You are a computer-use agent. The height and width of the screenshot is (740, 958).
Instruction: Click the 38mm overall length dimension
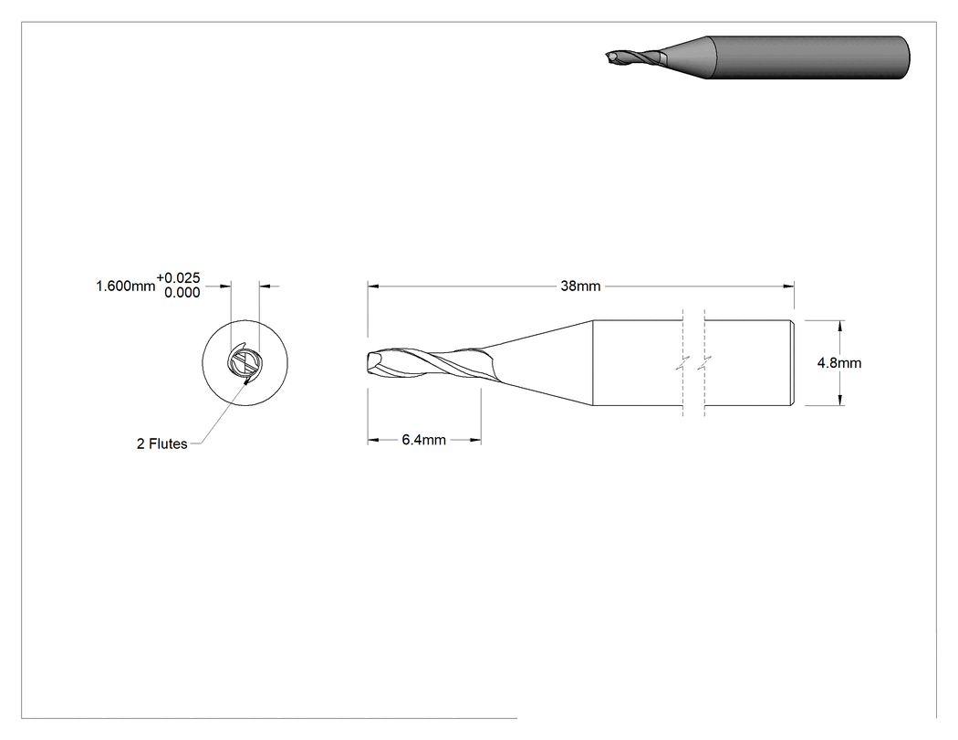point(580,286)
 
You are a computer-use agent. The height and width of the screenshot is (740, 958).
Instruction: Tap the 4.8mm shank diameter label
point(839,363)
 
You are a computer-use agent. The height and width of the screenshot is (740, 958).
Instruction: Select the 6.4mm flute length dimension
point(423,440)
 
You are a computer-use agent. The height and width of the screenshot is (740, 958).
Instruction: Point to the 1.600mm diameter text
point(125,286)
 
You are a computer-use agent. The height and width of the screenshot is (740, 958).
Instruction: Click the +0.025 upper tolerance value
point(178,278)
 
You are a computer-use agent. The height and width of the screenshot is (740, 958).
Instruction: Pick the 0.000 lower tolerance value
point(182,293)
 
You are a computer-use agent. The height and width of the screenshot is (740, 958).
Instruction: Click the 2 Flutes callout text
point(161,443)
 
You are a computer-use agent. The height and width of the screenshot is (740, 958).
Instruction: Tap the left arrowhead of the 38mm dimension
point(373,286)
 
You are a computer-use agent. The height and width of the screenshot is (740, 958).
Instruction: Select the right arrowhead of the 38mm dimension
point(788,286)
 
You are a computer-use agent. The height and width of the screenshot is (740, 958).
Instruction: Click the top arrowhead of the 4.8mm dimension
point(840,327)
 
